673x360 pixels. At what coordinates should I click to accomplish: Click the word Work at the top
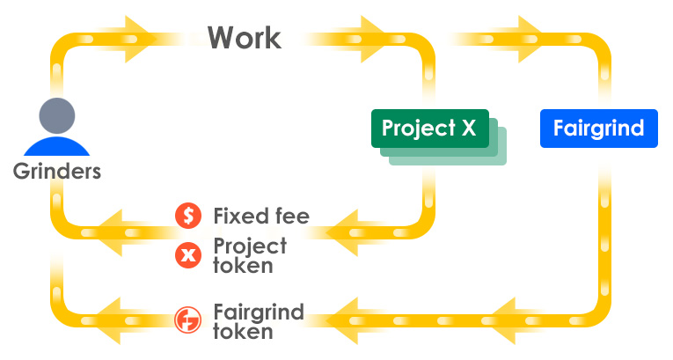point(245,38)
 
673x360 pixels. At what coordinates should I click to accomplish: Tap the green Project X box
point(428,129)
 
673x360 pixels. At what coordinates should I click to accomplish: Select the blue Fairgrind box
point(598,129)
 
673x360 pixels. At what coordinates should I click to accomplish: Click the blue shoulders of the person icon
point(56,145)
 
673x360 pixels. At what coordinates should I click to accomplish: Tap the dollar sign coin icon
point(187,216)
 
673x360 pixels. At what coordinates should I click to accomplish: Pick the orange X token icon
point(187,255)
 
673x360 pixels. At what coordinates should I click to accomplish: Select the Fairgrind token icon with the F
point(187,319)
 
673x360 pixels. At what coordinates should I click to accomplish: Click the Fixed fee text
point(261,216)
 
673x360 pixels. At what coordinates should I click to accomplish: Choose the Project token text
point(250,255)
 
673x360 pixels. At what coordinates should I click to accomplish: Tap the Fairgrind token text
point(259,321)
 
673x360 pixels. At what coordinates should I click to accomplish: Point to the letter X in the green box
point(468,129)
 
